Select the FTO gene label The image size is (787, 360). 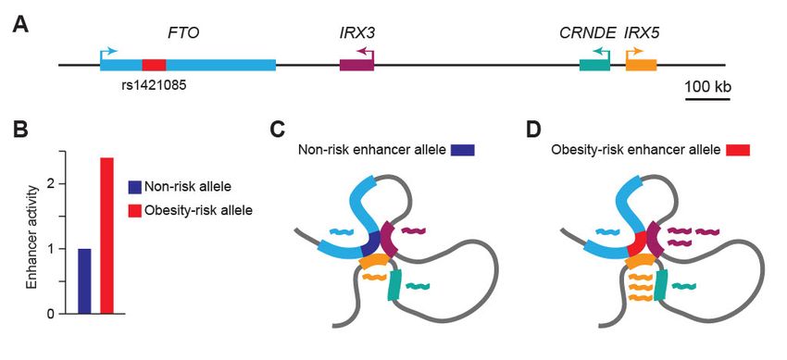(183, 34)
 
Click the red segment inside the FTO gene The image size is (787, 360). (154, 65)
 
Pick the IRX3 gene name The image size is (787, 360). (356, 34)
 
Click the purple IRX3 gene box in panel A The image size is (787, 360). (356, 65)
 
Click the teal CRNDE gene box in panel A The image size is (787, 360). (594, 65)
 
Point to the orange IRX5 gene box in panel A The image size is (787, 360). (641, 65)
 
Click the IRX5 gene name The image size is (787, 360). (643, 34)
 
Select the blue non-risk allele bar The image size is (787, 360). (84, 281)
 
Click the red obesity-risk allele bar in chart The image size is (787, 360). (106, 236)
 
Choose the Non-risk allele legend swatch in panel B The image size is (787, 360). (135, 187)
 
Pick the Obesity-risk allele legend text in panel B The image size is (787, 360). (198, 211)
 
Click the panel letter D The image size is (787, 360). (532, 129)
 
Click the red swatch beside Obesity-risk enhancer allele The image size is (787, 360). (738, 149)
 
